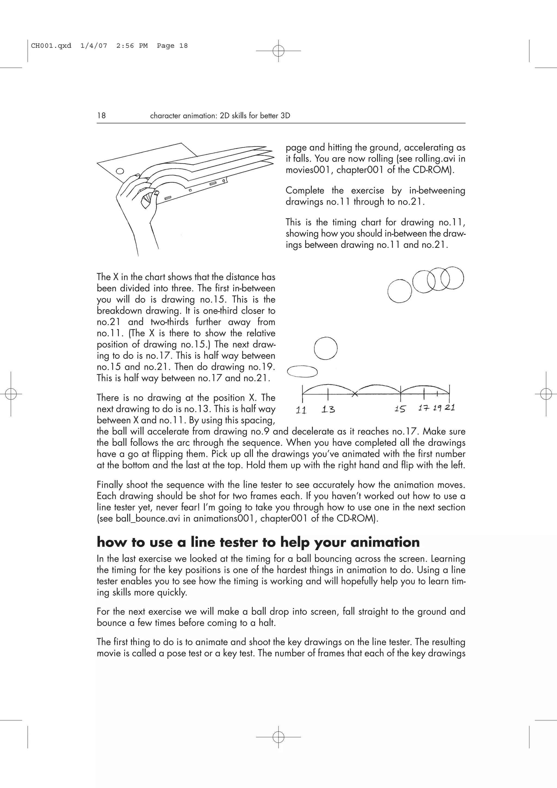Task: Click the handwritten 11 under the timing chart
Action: coord(301,410)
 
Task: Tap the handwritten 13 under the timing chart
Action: coord(328,409)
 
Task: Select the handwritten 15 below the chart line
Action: coord(400,409)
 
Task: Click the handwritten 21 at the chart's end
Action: coord(450,408)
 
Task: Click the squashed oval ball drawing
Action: coord(302,371)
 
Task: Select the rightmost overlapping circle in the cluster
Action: coord(452,278)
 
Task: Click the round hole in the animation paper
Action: coord(120,171)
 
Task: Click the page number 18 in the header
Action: coord(101,116)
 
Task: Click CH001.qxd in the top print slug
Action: coord(51,46)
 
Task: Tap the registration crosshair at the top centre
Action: coord(278,51)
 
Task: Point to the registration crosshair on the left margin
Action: coord(11,394)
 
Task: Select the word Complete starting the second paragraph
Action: coord(305,191)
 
